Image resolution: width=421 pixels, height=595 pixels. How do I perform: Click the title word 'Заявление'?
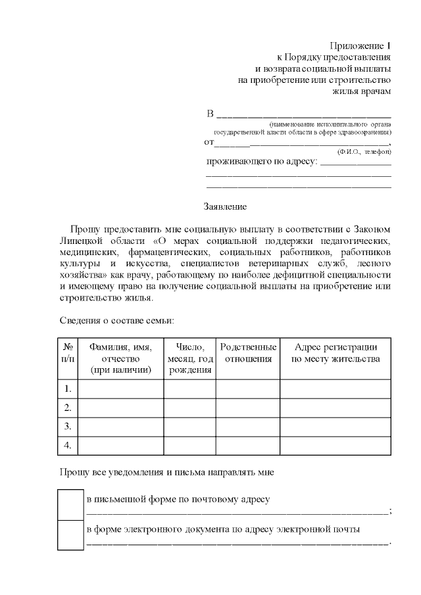coord(225,206)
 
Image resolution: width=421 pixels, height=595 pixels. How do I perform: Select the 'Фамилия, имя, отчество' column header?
coord(121,358)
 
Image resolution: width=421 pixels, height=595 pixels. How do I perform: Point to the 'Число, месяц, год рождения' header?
coord(189,358)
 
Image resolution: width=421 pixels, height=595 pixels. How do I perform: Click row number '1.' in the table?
coord(68,389)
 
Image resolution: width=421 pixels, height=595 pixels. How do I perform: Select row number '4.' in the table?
coord(68,446)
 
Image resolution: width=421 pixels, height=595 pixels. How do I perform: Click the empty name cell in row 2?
coord(121,408)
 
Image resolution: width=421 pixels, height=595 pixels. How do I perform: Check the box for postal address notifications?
coord(70,504)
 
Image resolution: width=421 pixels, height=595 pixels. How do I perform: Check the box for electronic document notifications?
coord(70,535)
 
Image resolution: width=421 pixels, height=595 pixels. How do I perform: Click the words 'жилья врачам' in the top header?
coord(361,91)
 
